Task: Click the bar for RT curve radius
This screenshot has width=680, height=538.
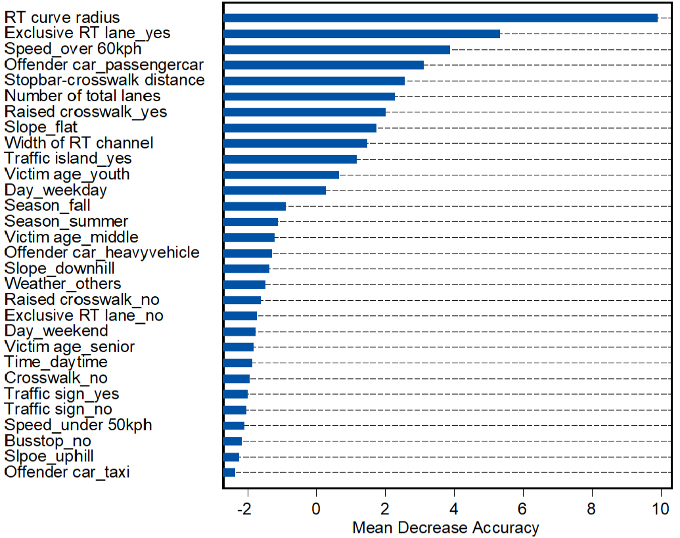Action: tap(440, 18)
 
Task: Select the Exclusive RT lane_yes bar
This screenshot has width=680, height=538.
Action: tap(362, 34)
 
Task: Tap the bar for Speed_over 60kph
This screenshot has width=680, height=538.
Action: tap(336, 49)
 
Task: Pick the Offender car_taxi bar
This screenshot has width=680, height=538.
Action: tap(229, 472)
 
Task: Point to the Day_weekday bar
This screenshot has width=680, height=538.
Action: tap(275, 191)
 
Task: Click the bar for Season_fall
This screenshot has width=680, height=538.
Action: tap(254, 206)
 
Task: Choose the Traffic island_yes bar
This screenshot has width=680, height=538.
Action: tap(290, 159)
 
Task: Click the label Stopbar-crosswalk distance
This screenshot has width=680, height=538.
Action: tap(104, 80)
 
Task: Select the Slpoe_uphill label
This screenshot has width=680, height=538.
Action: tap(49, 457)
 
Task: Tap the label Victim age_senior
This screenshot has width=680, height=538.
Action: tap(70, 347)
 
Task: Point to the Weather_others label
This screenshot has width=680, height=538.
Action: tap(63, 284)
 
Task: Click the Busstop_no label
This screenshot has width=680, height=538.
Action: tap(48, 441)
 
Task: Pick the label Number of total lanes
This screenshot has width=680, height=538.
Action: tap(82, 96)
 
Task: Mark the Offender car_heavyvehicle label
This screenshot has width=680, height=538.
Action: tap(102, 252)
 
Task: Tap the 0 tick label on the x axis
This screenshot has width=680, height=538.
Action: tap(316, 508)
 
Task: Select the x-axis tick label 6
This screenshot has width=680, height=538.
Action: tap(523, 508)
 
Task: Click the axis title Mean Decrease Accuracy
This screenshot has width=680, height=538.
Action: tap(446, 527)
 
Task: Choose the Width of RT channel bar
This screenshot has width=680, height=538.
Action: tap(296, 143)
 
